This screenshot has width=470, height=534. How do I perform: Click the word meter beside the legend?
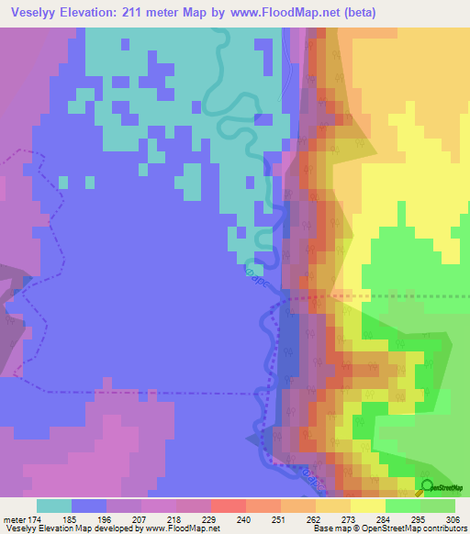[x=14, y=519]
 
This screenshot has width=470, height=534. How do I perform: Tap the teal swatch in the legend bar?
[x=54, y=506]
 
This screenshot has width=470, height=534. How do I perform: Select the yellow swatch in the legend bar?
[x=367, y=506]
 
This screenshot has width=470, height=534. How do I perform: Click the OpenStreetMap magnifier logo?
[x=428, y=489]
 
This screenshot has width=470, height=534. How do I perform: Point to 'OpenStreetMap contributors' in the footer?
[x=425, y=529]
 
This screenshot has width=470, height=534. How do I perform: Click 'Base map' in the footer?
[x=328, y=529]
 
